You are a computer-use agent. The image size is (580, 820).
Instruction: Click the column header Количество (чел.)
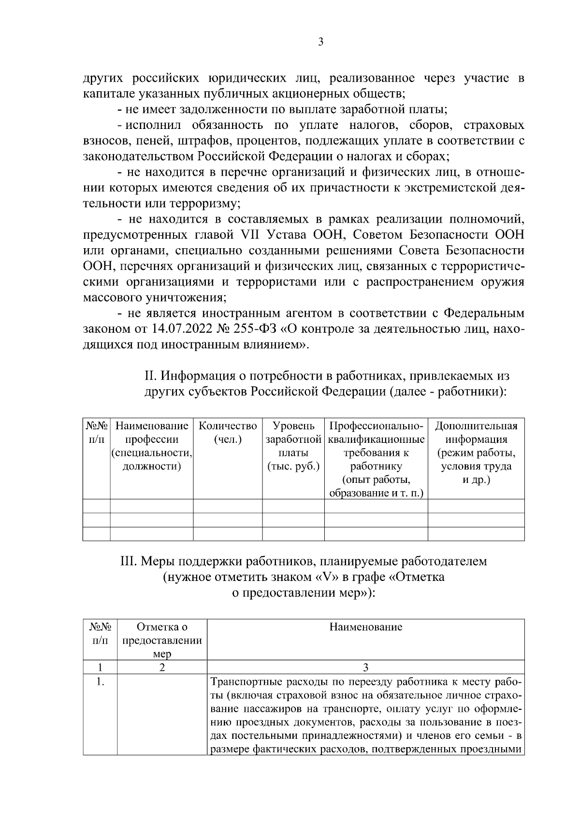point(228,433)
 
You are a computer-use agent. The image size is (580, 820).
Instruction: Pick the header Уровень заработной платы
point(293,446)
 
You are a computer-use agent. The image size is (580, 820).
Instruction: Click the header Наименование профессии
point(152,433)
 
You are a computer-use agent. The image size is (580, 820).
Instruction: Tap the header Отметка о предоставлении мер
point(162,640)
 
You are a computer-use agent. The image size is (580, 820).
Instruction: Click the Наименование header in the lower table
point(365,627)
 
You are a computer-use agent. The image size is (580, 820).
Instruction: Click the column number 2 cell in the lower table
point(162,667)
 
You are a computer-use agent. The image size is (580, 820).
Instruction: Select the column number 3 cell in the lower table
point(365,667)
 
